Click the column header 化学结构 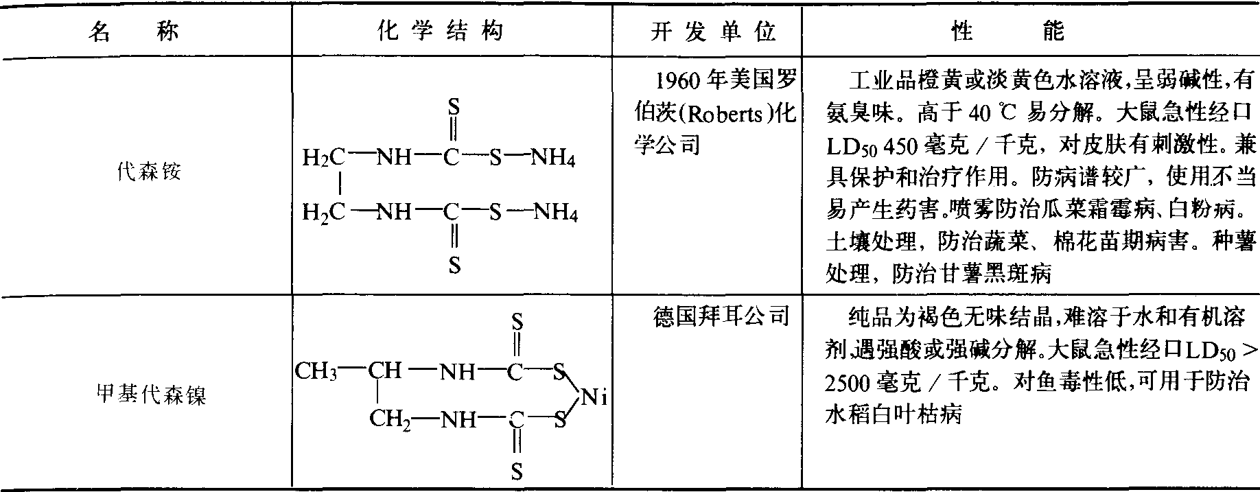(451, 32)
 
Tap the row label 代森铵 (150, 172)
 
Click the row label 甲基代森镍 (150, 395)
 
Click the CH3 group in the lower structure (316, 371)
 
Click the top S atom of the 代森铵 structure (453, 107)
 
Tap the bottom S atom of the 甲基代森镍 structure (517, 471)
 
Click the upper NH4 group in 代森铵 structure (553, 159)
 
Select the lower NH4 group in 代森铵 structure (556, 212)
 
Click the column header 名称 (135, 32)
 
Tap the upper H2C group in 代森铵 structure (324, 159)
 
